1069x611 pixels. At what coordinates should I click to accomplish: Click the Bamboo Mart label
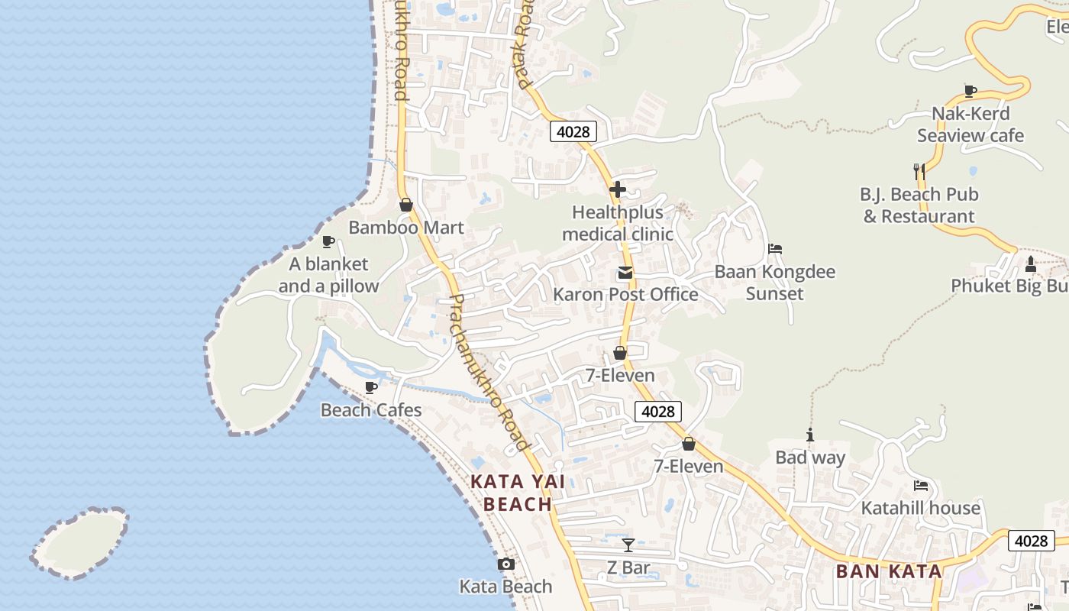pos(406,228)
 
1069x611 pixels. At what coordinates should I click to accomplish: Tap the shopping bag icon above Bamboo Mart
pos(406,205)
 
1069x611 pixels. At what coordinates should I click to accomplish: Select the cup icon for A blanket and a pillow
pos(328,242)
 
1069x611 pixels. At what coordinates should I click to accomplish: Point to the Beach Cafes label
pos(371,410)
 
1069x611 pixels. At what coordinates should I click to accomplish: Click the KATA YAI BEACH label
pos(518,493)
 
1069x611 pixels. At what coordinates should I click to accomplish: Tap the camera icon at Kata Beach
pos(505,564)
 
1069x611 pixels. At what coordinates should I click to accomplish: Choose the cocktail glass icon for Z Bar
pos(628,545)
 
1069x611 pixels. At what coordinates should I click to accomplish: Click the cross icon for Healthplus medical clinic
pos(618,189)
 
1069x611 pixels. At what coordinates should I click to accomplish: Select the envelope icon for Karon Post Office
pos(625,273)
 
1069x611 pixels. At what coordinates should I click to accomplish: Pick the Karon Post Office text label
pos(625,294)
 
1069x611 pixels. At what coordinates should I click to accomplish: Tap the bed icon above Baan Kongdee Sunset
pos(775,249)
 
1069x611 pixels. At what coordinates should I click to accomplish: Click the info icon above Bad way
pos(810,435)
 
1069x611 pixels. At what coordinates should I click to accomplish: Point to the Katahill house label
pos(921,508)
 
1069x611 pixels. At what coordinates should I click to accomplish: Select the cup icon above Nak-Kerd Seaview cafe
pos(970,92)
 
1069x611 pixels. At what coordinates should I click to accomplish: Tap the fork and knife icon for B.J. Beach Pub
pos(919,171)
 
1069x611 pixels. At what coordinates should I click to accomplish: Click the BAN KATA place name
pos(889,571)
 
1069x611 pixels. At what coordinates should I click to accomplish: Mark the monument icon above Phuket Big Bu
pos(1030,264)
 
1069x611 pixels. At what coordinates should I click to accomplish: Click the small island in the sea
pos(80,543)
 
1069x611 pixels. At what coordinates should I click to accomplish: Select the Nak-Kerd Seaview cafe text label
pos(970,124)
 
